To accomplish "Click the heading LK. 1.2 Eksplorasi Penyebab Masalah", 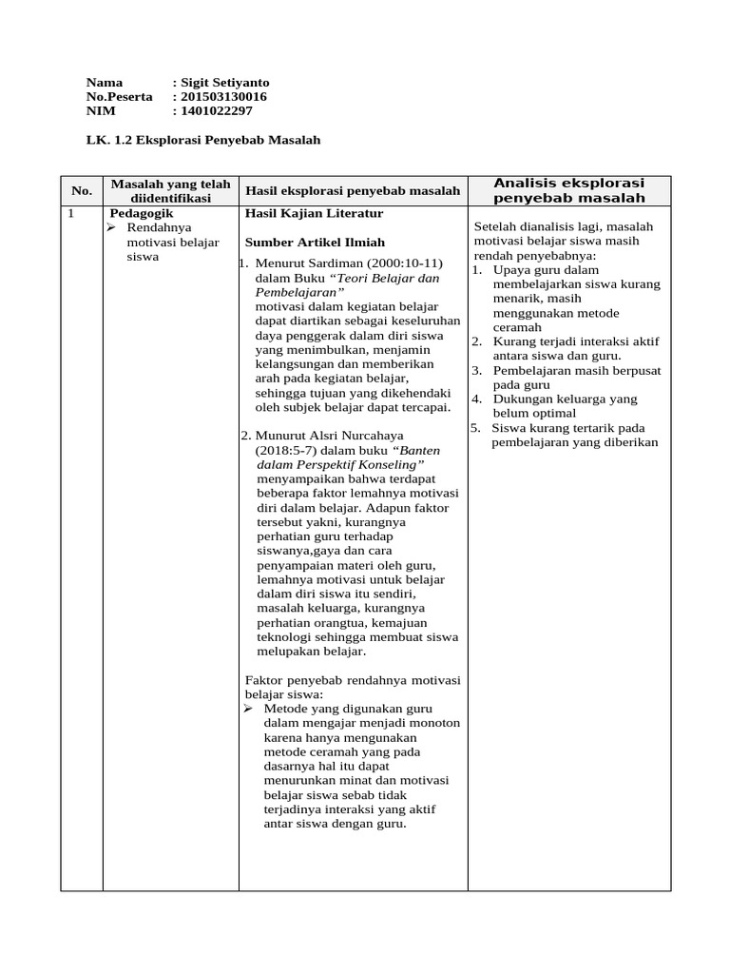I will (x=203, y=140).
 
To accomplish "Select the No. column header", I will (x=81, y=191).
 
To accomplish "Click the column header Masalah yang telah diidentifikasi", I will (x=170, y=191).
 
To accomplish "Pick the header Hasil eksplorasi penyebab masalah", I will (x=353, y=191).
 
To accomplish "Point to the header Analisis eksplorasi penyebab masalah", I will (x=569, y=190).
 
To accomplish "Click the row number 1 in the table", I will (x=70, y=214).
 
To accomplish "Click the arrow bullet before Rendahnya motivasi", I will (x=111, y=228).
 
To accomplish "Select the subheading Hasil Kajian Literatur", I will (x=301, y=214).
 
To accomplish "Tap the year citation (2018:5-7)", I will (x=291, y=450).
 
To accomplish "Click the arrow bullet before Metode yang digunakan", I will (x=249, y=709).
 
